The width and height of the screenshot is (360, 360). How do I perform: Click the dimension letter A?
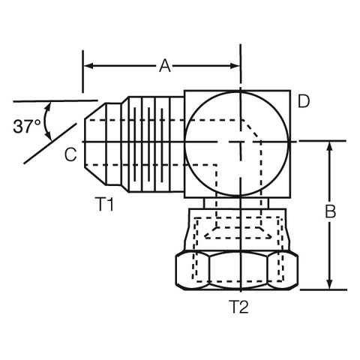[165, 66]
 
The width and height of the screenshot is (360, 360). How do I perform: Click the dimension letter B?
[330, 211]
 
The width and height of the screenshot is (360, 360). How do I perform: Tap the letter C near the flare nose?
[70, 154]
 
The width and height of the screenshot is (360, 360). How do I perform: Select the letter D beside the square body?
[304, 101]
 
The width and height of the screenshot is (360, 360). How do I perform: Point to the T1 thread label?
[104, 204]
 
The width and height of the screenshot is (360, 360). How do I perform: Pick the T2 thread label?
[238, 307]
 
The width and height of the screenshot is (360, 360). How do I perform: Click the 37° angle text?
[27, 126]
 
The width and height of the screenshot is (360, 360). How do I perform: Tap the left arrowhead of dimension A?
[88, 66]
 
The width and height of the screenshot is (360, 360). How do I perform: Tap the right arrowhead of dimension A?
[235, 66]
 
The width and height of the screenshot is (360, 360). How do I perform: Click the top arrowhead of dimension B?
[330, 147]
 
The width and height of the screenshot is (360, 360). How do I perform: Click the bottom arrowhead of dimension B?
[330, 284]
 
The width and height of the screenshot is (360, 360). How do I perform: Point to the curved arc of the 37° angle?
[45, 121]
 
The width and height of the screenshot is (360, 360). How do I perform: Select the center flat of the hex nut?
[238, 271]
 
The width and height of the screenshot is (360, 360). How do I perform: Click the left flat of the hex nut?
[193, 271]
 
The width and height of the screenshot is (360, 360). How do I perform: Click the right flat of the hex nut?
[283, 271]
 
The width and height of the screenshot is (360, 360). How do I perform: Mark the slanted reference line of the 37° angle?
[50, 143]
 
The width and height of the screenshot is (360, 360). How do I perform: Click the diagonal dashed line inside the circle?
[251, 130]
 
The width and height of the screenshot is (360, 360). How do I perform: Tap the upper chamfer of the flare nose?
[95, 111]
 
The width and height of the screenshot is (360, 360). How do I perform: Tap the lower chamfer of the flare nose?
[95, 176]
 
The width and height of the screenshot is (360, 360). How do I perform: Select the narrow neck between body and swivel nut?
[236, 203]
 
